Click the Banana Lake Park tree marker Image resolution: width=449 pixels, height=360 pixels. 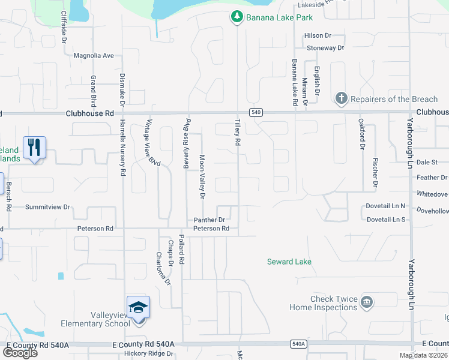point(237,17)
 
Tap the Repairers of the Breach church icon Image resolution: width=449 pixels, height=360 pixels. point(341,98)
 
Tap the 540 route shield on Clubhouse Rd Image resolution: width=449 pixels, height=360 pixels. point(256,112)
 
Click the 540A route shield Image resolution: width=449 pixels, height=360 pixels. point(298,344)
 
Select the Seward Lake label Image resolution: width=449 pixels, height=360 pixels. point(289,262)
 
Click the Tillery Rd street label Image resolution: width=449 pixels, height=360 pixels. point(238,134)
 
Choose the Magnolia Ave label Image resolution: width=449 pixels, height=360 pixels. point(94,56)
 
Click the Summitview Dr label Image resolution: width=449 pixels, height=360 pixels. point(47,207)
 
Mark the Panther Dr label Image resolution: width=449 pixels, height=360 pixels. point(209,220)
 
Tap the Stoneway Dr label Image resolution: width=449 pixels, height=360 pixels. point(325,47)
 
